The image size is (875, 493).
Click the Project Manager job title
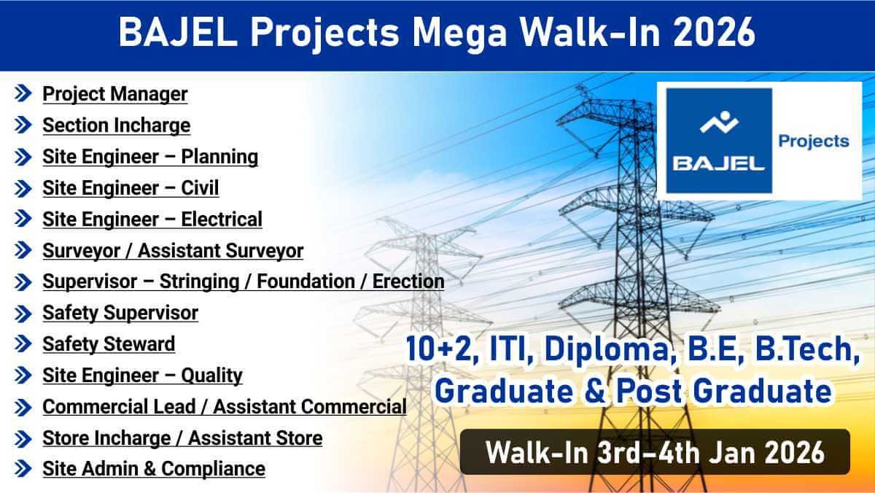coord(115,94)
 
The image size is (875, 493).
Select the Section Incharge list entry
coord(117,125)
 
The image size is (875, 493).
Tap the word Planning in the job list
coord(219,157)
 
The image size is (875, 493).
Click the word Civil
coord(200,188)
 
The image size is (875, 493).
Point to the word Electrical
coord(222,220)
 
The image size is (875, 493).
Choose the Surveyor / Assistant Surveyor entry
coord(173,251)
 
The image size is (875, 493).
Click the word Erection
coord(408,282)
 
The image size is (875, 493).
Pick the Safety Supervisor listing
coord(120,313)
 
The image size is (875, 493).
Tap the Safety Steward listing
coord(109,344)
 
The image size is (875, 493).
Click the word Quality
coord(211,376)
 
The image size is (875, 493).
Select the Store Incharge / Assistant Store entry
coord(182,438)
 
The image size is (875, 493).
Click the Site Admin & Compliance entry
coord(154,469)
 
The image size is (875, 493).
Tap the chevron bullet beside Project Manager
coord(23,94)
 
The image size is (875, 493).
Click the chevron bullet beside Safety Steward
coord(23,343)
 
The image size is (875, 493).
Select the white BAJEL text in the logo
coord(719,163)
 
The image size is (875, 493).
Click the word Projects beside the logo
coord(814,141)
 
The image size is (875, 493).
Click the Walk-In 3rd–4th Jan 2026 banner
coord(655,452)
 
